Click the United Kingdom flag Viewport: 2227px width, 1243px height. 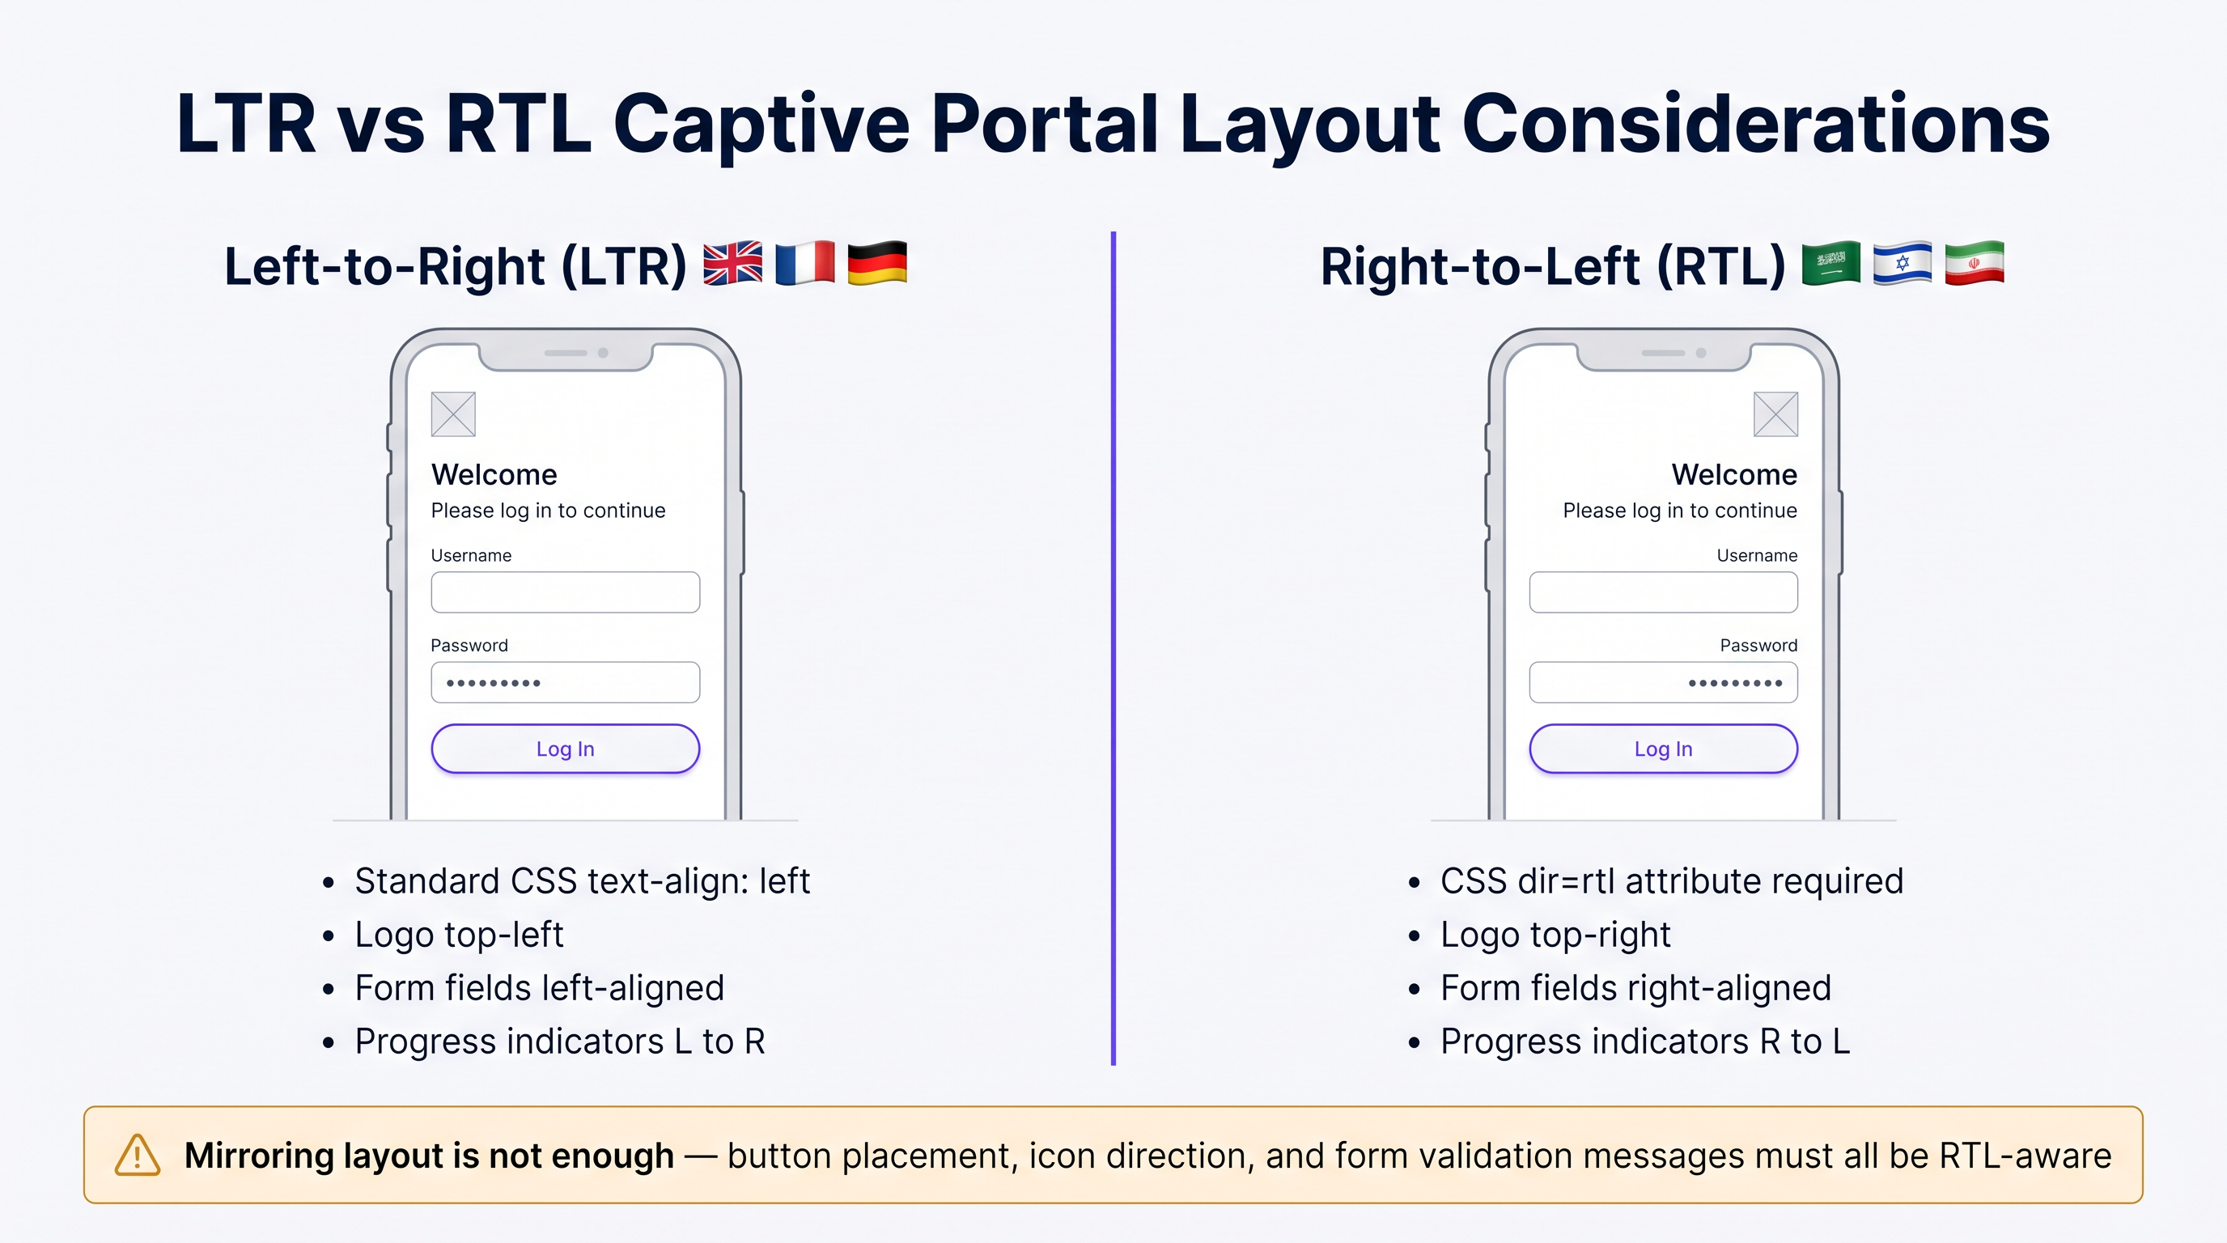pos(732,264)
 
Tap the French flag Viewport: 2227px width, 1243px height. pos(804,264)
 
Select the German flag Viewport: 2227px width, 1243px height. pos(876,264)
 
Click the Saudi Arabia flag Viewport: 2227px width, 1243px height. pos(1830,264)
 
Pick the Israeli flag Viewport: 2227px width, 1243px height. pos(1902,264)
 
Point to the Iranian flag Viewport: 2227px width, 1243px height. pos(1974,264)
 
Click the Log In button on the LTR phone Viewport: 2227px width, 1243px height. pos(565,749)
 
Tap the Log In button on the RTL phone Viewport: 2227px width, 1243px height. pos(1662,749)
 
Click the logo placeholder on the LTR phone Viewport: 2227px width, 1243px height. pos(453,414)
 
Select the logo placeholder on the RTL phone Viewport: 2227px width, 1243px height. pos(1775,414)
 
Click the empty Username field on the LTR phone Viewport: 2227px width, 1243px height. pos(565,592)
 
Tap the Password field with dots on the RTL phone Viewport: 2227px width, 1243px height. pos(1662,683)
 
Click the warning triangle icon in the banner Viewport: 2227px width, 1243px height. pos(137,1156)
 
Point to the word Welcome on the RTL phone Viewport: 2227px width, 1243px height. pos(1733,474)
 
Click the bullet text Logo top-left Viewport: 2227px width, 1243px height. pos(458,935)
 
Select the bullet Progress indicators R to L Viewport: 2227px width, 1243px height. pos(1644,1041)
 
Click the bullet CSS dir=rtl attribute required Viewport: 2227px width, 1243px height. pos(1671,880)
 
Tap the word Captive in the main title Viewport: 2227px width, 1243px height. pos(761,125)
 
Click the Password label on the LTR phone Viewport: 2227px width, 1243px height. pos(469,645)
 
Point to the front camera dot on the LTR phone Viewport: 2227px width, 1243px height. pos(603,353)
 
